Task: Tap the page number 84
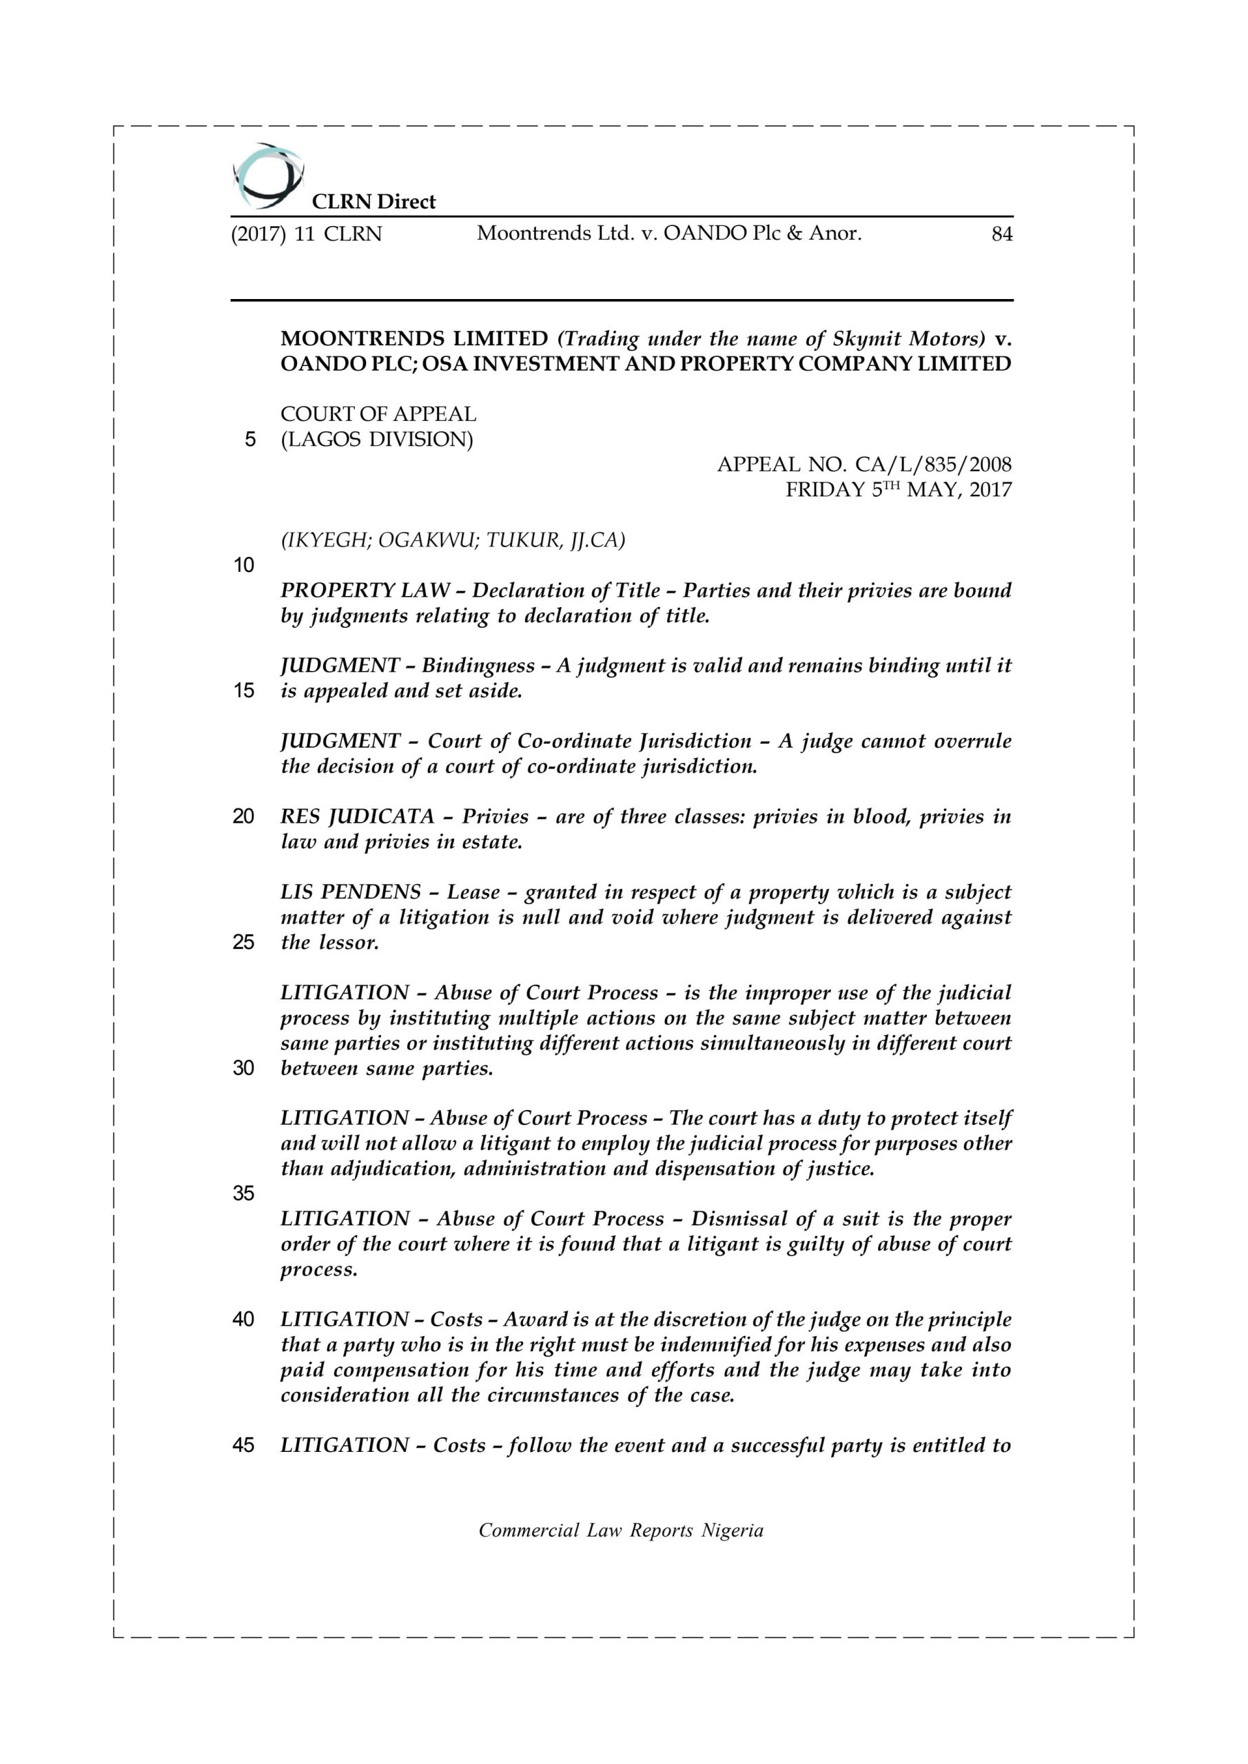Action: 1002,234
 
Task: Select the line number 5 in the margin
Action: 249,440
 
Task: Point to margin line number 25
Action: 244,942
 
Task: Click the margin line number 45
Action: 244,1445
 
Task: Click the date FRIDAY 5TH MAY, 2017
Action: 899,489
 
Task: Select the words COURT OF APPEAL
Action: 378,414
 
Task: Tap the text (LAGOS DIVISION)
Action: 376,440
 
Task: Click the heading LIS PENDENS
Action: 351,892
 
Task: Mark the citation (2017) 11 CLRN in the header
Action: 306,234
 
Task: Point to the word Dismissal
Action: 738,1218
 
